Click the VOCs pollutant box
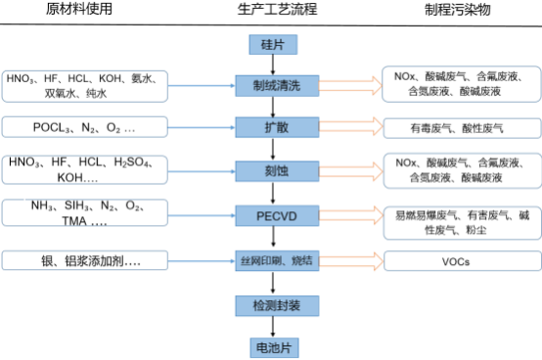point(458,262)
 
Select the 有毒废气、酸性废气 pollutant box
point(458,128)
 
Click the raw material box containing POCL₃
point(86,127)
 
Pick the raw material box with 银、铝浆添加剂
point(86,261)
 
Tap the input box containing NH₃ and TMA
point(86,215)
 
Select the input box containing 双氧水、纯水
point(86,86)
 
